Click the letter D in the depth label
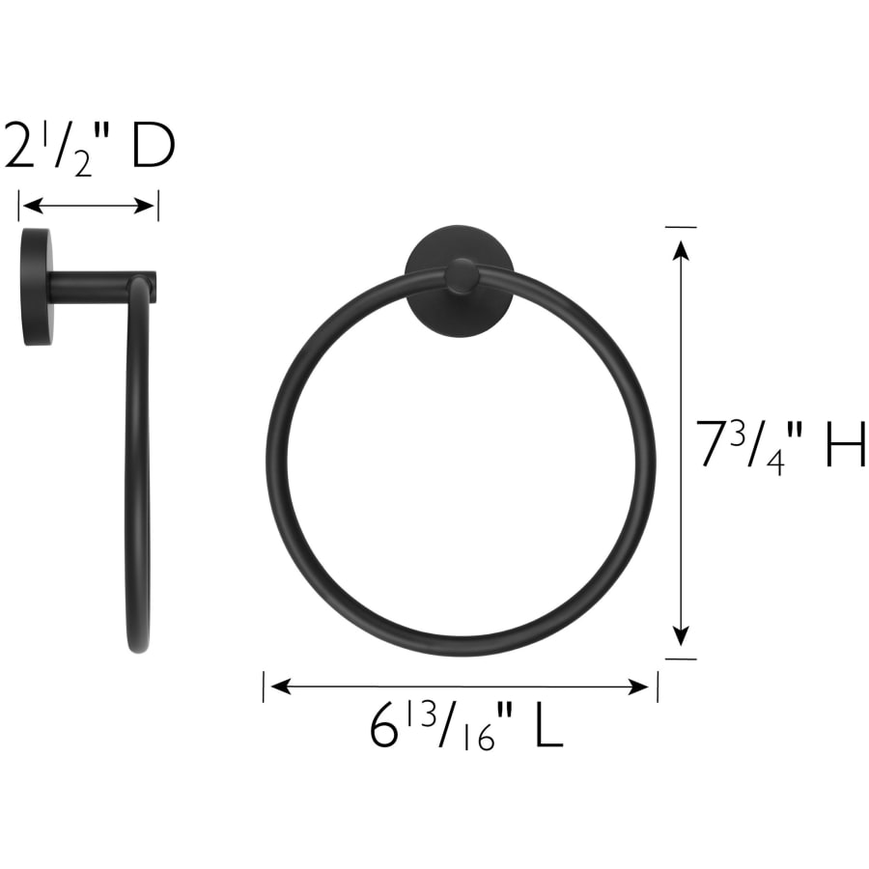point(154,147)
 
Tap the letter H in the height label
point(845,443)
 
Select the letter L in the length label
point(548,726)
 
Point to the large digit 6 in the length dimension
point(384,726)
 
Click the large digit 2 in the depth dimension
point(20,147)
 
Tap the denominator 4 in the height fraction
point(776,461)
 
